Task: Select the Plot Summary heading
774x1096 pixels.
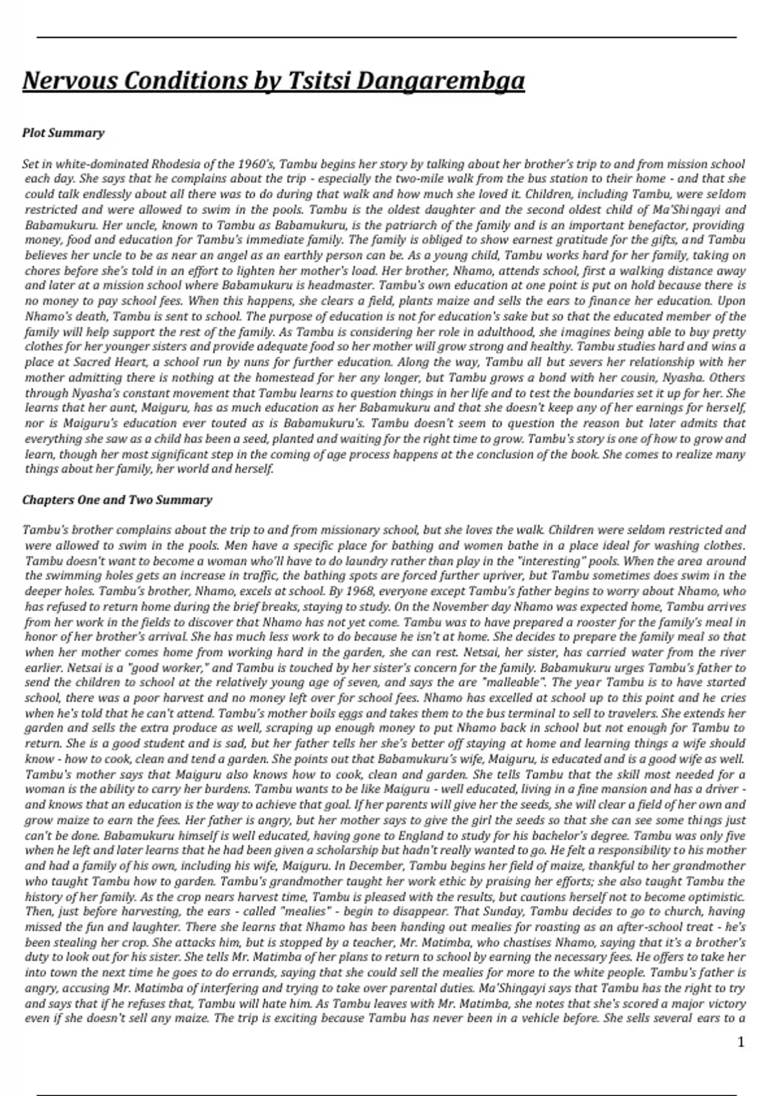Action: click(63, 133)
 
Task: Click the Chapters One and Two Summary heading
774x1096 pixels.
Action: click(117, 500)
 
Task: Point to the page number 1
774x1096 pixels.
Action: click(740, 1042)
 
